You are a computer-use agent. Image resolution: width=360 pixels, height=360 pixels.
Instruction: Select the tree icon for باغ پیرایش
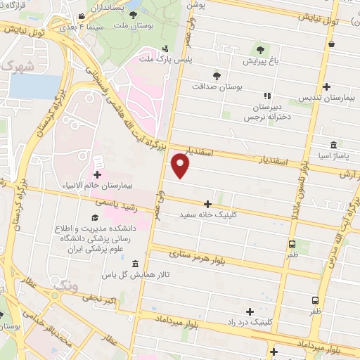(261, 50)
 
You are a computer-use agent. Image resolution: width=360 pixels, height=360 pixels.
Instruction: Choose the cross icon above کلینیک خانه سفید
(208, 202)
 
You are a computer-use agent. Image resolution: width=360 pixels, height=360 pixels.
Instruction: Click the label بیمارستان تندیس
(328, 98)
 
